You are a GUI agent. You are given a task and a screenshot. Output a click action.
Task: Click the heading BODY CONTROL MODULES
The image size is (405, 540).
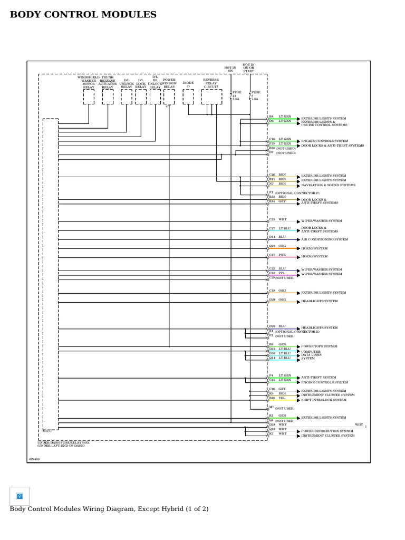coord(83,15)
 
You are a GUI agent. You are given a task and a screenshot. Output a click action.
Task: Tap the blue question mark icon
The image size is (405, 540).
coord(20,496)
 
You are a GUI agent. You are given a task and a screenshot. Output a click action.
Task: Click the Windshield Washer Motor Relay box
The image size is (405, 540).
coord(89,97)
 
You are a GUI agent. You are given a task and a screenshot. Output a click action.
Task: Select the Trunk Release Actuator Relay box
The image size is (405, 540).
coord(108,97)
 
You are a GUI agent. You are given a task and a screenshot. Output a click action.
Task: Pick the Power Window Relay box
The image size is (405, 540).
coord(169,97)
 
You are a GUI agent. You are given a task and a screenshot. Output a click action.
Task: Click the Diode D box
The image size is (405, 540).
coord(188,97)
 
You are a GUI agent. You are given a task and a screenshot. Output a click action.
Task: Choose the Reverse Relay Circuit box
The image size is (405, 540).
coord(211,97)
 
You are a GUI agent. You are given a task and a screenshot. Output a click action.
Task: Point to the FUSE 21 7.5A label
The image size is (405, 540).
coord(236,95)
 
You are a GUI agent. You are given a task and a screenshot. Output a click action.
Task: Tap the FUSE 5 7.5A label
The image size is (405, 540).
coord(255,95)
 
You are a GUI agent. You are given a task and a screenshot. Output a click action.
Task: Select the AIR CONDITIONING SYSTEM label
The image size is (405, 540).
coord(324,239)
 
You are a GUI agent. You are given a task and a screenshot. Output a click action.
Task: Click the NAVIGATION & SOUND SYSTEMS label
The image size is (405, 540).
coord(328,185)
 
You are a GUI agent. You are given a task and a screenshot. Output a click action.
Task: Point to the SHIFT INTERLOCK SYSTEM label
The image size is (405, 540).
coord(324,400)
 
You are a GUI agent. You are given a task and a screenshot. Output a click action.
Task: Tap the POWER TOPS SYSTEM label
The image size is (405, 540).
coord(319,346)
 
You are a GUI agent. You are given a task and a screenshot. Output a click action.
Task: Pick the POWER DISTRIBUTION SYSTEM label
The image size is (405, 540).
coord(327,431)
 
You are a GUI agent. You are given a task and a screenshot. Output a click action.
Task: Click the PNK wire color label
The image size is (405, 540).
coord(282,255)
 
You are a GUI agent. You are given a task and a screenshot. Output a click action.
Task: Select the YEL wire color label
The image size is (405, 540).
coord(282,398)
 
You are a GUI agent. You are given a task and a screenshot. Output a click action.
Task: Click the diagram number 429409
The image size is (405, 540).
coord(34,459)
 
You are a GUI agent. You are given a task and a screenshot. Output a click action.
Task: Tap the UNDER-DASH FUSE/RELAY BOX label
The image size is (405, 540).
coord(63,443)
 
